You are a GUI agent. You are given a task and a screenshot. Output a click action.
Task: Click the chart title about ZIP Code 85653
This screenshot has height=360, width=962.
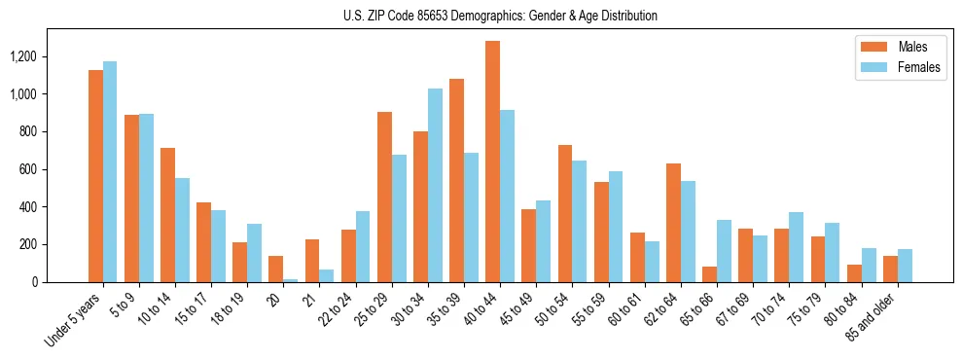tap(500, 16)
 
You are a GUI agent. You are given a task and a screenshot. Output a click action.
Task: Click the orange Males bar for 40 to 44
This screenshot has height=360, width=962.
tap(492, 162)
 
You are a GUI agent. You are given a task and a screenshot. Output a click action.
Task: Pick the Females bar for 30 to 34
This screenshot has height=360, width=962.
tap(435, 185)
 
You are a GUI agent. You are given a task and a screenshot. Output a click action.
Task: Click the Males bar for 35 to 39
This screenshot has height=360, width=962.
tap(456, 180)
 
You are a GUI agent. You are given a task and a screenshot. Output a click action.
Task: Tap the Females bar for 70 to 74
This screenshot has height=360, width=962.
tap(796, 247)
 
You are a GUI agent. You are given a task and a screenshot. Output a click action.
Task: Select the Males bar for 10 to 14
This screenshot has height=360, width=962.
tap(167, 215)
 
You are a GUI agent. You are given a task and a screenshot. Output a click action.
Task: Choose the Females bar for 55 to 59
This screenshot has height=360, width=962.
tap(616, 227)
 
